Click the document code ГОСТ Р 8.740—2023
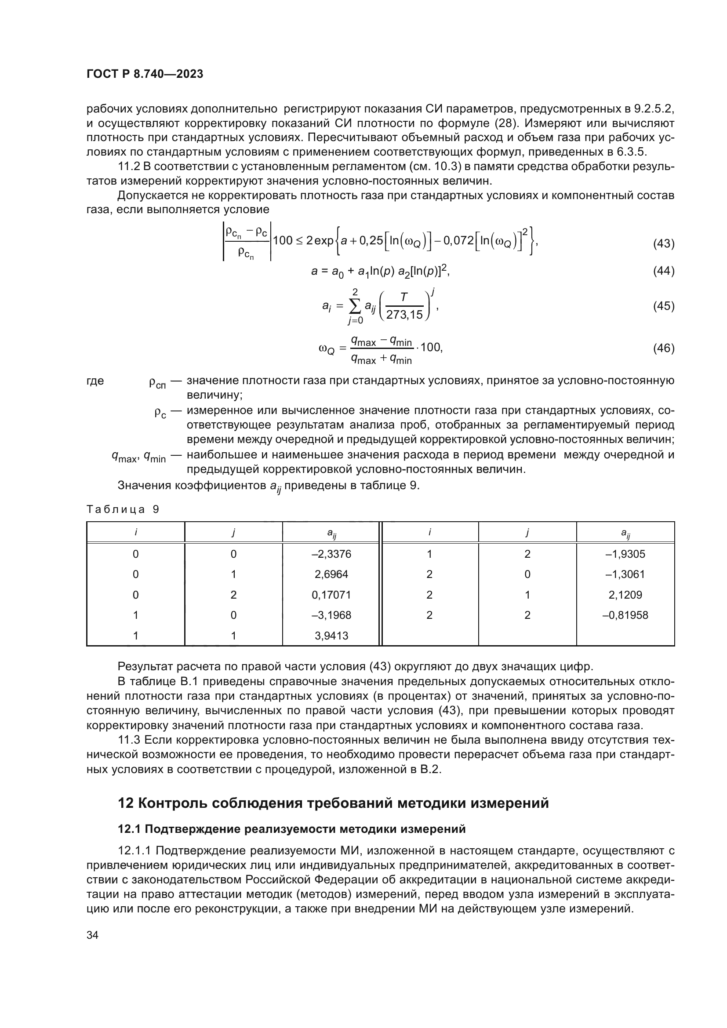145,74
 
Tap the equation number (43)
663,244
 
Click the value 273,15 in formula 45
404,315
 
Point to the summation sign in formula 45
355,306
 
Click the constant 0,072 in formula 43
459,241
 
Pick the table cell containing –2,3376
331,554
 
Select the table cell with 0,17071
331,595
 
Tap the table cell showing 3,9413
331,636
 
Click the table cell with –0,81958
625,615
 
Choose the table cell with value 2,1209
625,595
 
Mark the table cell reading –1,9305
625,554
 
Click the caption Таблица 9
123,509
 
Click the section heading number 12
125,803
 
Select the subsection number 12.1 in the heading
129,829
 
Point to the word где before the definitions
95,381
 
